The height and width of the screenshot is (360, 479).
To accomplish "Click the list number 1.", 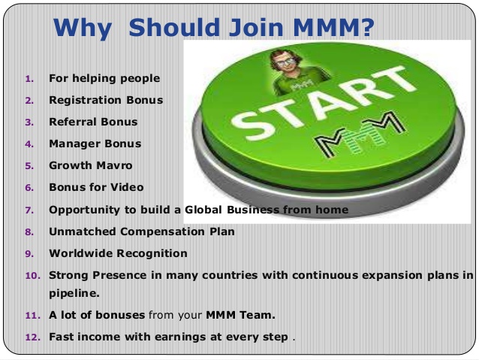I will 29,78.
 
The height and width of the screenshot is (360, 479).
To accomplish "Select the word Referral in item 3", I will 73,121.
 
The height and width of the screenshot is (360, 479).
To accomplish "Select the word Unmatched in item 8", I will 81,231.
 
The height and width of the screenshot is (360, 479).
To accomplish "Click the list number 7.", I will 29,210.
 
